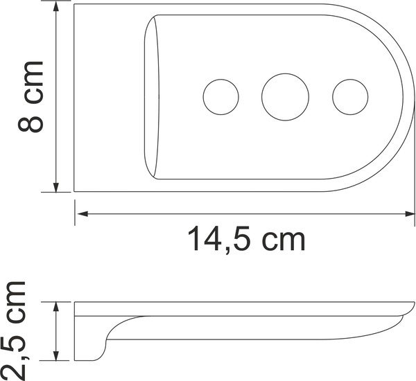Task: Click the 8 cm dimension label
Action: (x=30, y=96)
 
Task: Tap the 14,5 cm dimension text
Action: (x=246, y=240)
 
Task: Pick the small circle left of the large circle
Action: (x=220, y=94)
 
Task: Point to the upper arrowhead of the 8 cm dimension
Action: (x=56, y=9)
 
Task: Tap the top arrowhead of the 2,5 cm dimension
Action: (x=56, y=307)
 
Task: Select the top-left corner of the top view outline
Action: (x=76, y=5)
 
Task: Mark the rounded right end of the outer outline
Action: (x=408, y=97)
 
